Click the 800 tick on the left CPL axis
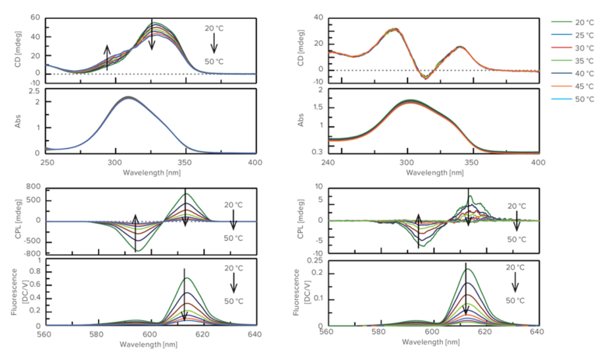pos(31,188)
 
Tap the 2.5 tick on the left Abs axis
pos(34,91)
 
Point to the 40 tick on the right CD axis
pos(318,16)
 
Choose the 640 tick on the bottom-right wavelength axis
pos(536,334)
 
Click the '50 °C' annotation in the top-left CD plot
pos(214,62)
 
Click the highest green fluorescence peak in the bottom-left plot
pos(185,278)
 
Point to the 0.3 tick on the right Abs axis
pos(317,151)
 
